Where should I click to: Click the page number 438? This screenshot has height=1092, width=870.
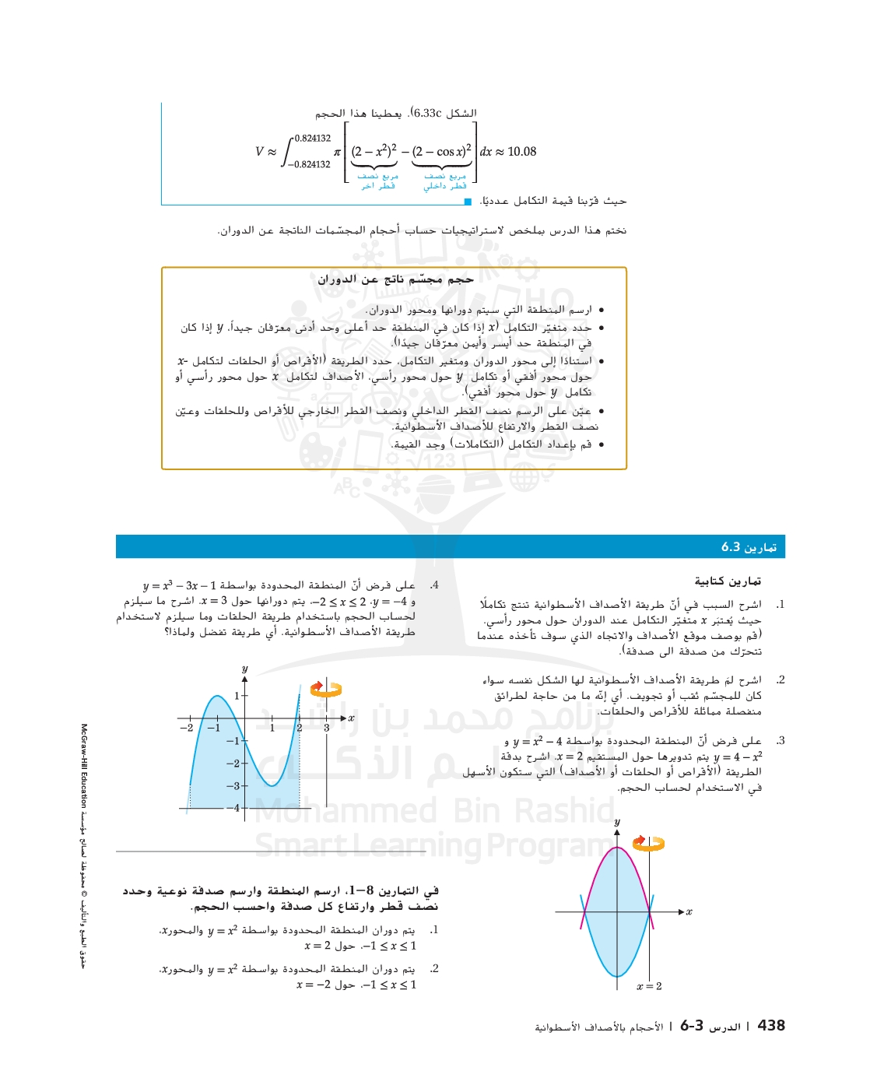tap(770, 1026)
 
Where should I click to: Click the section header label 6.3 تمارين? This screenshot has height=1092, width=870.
tap(748, 547)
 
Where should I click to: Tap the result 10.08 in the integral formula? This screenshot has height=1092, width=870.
tap(521, 152)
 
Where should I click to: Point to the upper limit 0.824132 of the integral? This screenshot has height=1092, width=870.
tap(313, 139)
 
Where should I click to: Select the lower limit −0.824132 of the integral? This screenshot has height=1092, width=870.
tap(310, 164)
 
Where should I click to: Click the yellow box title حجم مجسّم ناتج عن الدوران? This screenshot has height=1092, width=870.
tap(395, 279)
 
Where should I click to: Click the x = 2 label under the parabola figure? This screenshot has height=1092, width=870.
tap(649, 986)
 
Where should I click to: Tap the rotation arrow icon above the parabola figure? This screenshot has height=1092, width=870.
tap(648, 843)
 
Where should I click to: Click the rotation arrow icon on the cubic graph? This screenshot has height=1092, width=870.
tap(326, 689)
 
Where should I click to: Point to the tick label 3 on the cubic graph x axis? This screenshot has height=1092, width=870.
tap(326, 728)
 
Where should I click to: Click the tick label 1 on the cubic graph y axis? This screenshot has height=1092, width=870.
tap(237, 696)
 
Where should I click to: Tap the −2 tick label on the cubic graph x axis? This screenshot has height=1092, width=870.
tap(187, 728)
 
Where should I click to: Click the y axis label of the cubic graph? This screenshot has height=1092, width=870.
tap(244, 669)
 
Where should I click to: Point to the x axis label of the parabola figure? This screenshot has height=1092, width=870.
tap(689, 911)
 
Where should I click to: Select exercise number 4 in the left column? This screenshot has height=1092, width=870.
tap(433, 585)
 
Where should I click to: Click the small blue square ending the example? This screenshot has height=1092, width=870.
tap(468, 202)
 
